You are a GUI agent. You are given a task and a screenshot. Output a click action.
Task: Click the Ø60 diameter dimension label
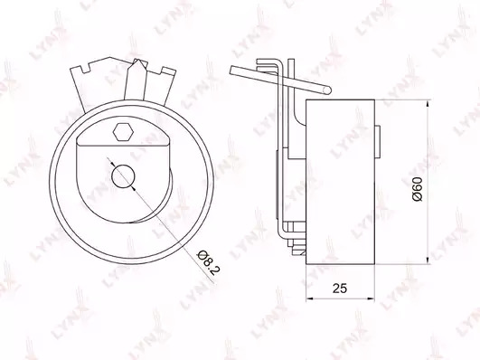(x=418, y=189)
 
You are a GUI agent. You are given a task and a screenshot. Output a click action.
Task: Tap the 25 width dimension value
(x=340, y=289)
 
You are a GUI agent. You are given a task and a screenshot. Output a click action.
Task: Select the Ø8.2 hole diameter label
(x=209, y=262)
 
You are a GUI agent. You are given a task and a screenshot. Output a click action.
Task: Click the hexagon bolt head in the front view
(x=123, y=132)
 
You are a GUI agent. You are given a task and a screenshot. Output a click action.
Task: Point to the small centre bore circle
(x=123, y=176)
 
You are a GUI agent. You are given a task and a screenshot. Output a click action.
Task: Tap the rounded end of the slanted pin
(x=327, y=90)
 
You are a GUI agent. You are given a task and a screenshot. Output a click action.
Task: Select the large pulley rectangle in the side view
(x=341, y=182)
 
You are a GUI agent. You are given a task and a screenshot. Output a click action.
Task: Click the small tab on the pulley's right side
(x=378, y=142)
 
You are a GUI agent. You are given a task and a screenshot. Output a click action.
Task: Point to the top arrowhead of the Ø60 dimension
(x=428, y=103)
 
